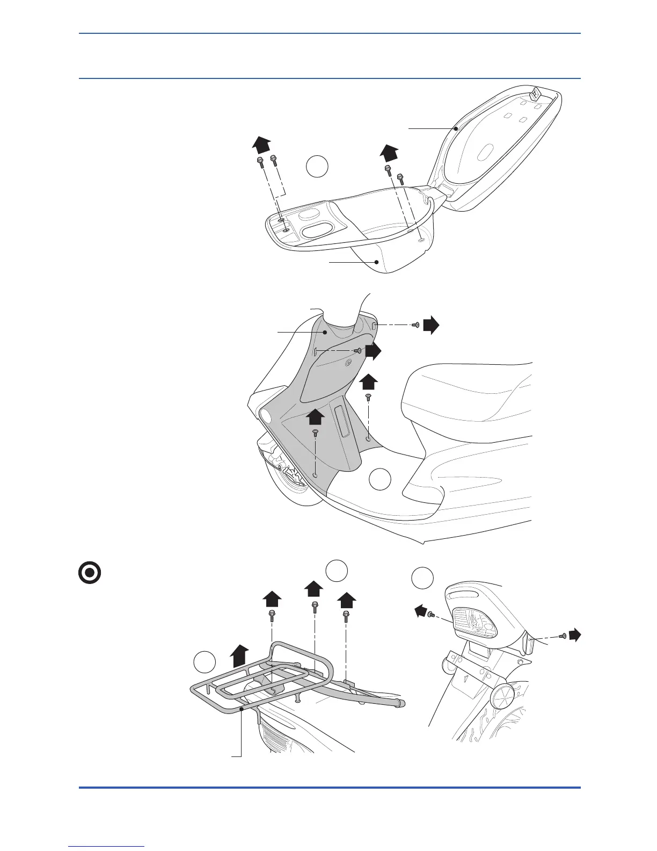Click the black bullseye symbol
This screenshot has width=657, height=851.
tap(90, 573)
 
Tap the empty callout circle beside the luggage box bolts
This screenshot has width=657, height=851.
tap(317, 167)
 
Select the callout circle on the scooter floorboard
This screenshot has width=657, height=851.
tap(381, 479)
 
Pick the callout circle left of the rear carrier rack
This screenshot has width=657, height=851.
tap(205, 662)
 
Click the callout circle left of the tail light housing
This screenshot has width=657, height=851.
tap(422, 578)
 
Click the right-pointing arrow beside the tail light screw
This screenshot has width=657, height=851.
tap(575, 635)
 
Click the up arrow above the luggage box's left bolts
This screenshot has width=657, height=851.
tap(261, 145)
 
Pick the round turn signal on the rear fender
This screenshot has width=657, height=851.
tap(502, 698)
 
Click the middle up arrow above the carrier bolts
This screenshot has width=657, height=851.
tap(315, 589)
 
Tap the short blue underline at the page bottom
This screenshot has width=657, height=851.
tap(107, 846)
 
